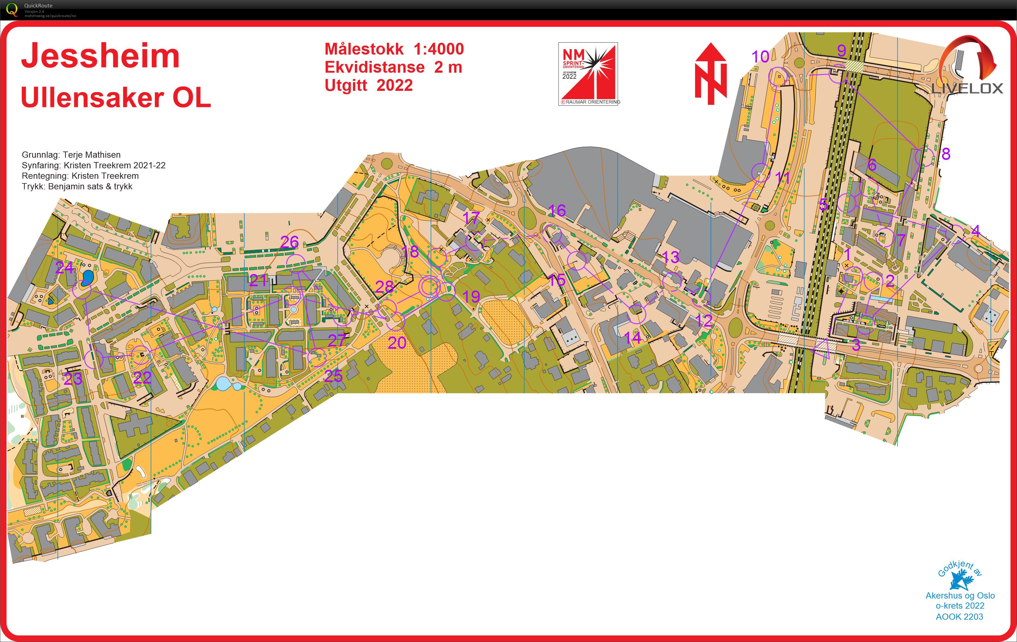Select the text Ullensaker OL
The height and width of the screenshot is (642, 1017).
[116, 98]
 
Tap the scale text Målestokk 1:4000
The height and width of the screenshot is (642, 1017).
[394, 49]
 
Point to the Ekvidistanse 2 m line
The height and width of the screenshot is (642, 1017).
[393, 67]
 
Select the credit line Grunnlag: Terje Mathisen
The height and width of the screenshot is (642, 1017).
[71, 155]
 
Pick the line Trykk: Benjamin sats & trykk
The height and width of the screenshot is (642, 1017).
[77, 187]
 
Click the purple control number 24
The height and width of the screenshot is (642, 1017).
[64, 268]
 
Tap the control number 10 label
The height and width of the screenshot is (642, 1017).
[760, 57]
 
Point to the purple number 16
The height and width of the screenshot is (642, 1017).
[557, 210]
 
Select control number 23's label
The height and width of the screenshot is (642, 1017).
[73, 379]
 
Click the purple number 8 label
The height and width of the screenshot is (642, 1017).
[946, 154]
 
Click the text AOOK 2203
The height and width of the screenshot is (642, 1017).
[959, 617]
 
